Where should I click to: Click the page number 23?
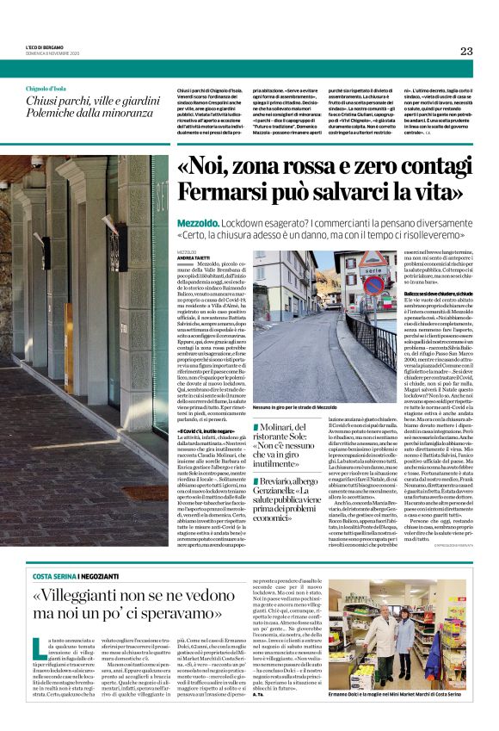(466, 51)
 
